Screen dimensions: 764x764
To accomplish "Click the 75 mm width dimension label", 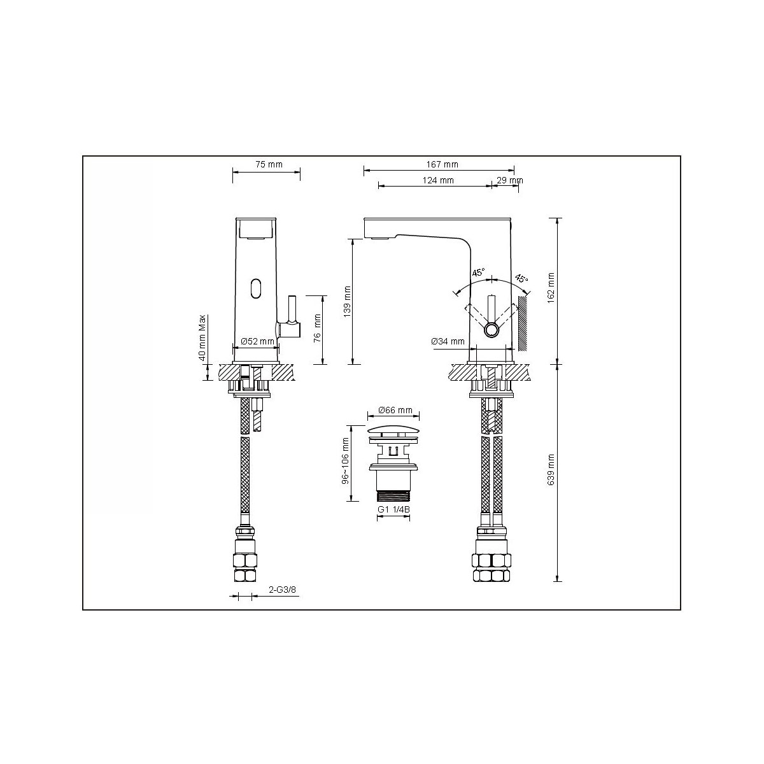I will (x=268, y=164).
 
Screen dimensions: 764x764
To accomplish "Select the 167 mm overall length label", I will (x=442, y=164).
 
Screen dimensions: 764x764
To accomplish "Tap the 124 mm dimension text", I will (x=437, y=180).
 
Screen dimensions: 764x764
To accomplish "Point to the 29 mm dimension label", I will (x=509, y=180).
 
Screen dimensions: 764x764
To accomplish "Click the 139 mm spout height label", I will (x=347, y=301).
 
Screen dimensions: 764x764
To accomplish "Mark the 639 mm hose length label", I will (x=551, y=470).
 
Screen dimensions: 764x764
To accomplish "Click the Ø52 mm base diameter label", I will (x=257, y=342).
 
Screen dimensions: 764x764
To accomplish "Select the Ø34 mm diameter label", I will (x=448, y=341).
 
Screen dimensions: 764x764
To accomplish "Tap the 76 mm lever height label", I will (x=317, y=329).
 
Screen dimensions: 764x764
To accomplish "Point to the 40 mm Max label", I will (x=202, y=337).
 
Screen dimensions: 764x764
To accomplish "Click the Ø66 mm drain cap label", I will (x=395, y=410).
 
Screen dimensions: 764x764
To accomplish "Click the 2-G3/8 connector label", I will (x=283, y=591).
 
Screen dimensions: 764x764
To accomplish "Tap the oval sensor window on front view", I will (x=256, y=288).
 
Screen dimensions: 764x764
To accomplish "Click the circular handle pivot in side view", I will (x=492, y=330).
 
